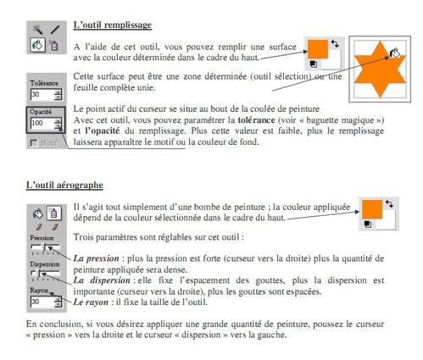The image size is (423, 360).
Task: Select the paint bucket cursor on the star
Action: [392, 53]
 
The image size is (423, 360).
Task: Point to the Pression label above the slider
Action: [44, 239]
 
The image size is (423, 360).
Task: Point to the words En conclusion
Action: [52, 324]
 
